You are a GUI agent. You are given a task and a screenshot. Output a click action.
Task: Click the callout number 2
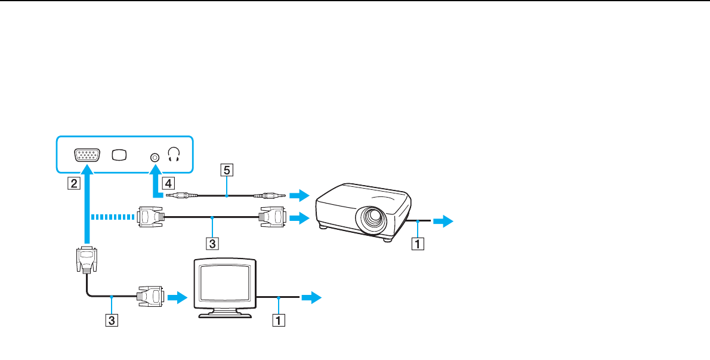tap(72, 183)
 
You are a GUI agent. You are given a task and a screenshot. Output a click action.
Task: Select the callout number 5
tap(226, 171)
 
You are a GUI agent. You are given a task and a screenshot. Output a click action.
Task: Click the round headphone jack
tap(155, 157)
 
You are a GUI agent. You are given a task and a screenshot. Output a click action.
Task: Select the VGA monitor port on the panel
tap(88, 155)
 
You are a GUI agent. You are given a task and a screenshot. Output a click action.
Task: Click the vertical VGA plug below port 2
tap(87, 260)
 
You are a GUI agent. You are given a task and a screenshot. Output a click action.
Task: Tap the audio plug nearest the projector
tap(266, 195)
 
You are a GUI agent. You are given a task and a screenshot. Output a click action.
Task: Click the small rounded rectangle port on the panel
tap(119, 155)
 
